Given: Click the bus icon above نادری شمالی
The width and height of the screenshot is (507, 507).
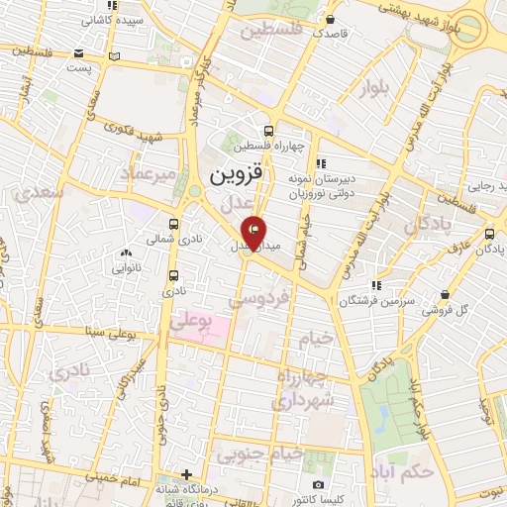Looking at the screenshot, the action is coord(174,224).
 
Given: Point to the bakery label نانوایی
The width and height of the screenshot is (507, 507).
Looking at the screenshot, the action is coord(128,268).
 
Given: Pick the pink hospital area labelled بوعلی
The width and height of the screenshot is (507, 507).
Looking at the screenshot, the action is coord(201,323).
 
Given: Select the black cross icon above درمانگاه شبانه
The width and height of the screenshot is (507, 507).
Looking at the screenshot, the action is coord(187,474).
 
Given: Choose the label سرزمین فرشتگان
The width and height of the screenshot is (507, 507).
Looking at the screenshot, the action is coord(376,300).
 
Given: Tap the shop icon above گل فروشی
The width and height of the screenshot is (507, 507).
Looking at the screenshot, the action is coord(446,294).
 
